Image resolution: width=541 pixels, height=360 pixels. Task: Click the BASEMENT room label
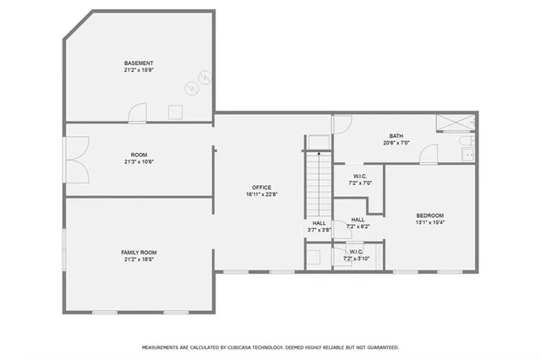tap(139, 63)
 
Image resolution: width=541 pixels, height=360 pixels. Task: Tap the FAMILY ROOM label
tap(139, 253)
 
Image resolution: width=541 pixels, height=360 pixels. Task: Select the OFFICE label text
tap(260, 187)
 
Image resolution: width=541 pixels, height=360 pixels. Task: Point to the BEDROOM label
tap(429, 215)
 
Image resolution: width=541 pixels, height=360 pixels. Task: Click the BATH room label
tap(396, 136)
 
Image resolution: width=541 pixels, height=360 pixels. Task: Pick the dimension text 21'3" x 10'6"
tap(139, 161)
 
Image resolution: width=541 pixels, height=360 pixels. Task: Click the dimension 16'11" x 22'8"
tap(260, 194)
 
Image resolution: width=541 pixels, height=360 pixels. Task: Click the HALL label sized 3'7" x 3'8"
tap(319, 224)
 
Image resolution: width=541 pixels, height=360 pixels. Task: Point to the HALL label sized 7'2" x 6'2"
tap(358, 220)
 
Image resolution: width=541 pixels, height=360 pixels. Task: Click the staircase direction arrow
tap(319, 154)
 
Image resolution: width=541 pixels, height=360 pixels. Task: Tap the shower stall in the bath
tap(456, 123)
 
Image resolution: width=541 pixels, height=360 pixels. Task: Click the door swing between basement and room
tap(138, 112)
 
